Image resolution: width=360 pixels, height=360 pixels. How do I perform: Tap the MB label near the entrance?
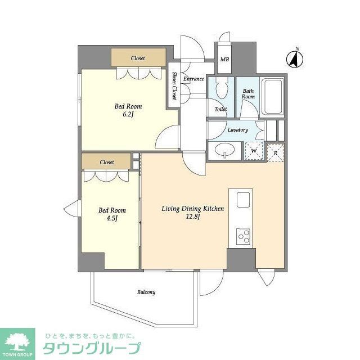224,59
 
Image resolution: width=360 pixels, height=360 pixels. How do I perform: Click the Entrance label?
193,79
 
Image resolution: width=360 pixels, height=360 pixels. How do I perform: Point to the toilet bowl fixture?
220,89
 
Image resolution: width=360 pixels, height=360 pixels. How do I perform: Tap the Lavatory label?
237,130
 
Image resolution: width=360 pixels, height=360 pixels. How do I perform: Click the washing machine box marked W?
254,151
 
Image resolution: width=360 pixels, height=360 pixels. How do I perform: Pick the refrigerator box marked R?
276,152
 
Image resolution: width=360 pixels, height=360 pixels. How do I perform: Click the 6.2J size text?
128,114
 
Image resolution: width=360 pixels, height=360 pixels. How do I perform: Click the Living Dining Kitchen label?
193,209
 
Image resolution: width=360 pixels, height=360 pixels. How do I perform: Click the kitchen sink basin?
244,200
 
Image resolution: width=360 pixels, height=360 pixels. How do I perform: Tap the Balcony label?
146,292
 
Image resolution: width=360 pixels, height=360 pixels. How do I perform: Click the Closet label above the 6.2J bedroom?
138,58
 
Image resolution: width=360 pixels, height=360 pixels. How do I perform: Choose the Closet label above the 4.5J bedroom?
107,162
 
